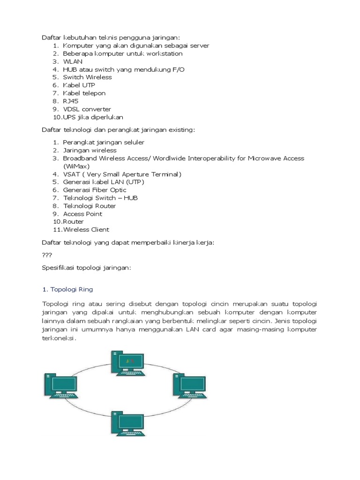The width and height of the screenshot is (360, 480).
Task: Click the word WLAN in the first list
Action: click(73, 61)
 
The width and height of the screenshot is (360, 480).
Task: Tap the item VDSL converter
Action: click(87, 109)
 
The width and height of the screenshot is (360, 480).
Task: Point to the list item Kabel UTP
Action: click(79, 85)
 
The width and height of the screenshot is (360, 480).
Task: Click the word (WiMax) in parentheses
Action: click(76, 166)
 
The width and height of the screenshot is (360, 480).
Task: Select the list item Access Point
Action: click(82, 214)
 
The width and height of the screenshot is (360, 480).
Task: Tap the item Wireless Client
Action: click(86, 230)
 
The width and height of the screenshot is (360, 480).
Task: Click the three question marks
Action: click(47, 255)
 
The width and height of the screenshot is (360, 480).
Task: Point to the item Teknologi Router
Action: click(90, 206)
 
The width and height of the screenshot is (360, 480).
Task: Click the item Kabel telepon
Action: click(84, 93)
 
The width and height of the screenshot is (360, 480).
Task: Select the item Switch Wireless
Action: click(88, 77)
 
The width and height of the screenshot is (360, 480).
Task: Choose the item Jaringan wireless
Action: click(90, 150)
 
